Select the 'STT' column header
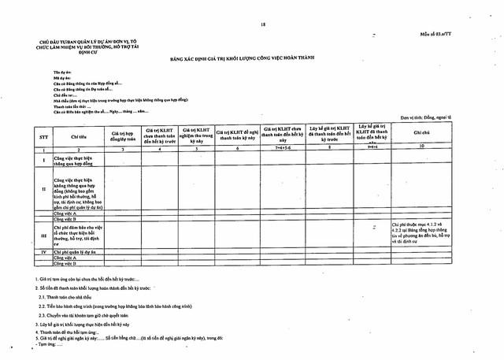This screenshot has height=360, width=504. (34, 135)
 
